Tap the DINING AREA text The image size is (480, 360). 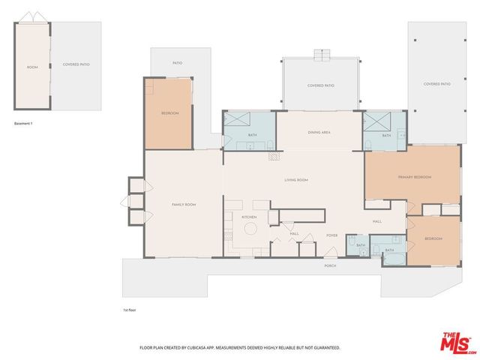click(x=319, y=132)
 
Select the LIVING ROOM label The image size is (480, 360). click(x=295, y=180)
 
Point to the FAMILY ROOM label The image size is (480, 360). click(x=184, y=204)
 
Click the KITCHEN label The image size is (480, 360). click(x=249, y=217)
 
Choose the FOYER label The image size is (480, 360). click(x=331, y=235)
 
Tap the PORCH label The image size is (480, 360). click(x=330, y=265)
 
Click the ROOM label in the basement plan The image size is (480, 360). click(x=32, y=67)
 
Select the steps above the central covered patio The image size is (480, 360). click(x=320, y=54)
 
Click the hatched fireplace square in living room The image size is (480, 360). click(x=273, y=156)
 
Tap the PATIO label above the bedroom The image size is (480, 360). click(x=178, y=63)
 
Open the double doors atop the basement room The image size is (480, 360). click(x=33, y=16)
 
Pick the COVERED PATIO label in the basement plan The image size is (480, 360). click(x=76, y=64)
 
